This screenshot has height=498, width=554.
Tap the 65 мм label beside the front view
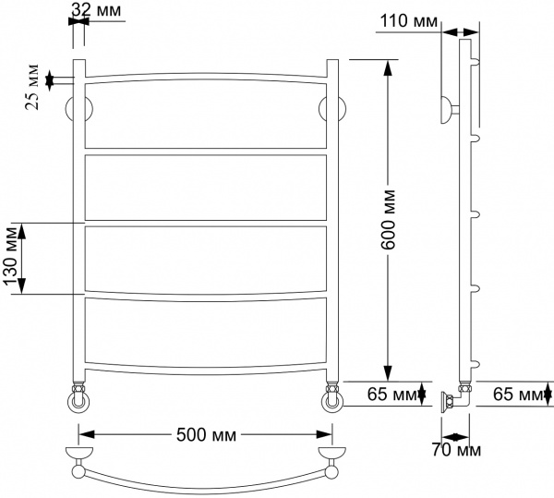[x=388, y=395]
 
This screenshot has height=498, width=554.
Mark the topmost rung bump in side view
[x=476, y=62]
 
